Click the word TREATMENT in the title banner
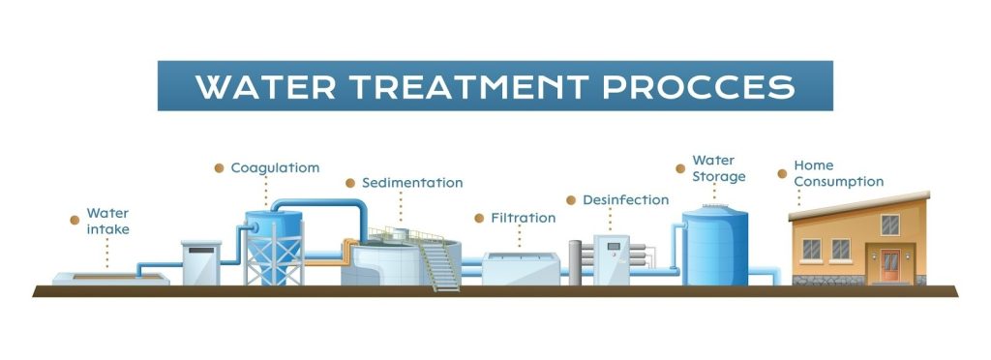point(470,86)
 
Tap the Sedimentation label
point(412,183)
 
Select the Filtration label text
point(524,218)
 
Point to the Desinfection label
point(626,200)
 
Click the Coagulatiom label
point(275,168)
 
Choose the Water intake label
point(108,221)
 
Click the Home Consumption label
point(839,173)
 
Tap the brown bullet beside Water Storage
point(680,168)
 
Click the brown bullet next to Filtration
point(479,218)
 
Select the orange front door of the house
point(890,265)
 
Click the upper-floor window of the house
point(890,225)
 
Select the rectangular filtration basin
point(521,268)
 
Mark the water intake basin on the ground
point(110,278)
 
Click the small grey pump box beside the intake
point(201,262)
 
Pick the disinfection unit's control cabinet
point(612,260)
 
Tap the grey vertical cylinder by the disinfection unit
point(575,262)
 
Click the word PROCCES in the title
point(699,86)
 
